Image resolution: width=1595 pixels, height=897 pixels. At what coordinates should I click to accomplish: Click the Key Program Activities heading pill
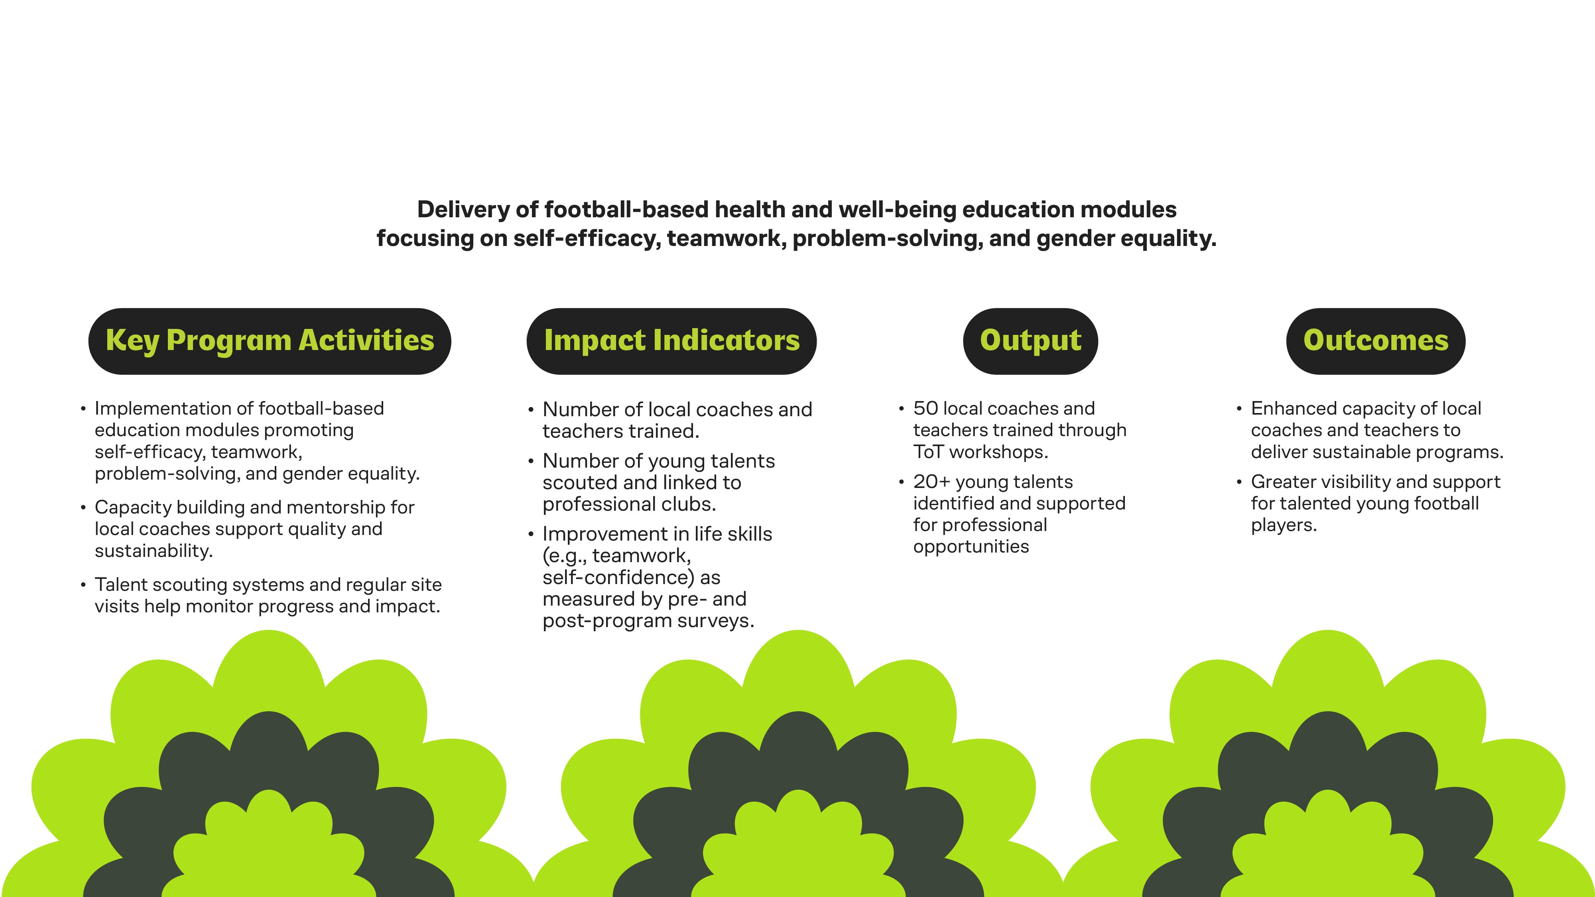point(269,341)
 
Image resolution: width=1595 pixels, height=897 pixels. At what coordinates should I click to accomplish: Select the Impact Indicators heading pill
point(671,341)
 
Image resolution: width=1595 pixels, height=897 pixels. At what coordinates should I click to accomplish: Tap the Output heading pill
point(1030,341)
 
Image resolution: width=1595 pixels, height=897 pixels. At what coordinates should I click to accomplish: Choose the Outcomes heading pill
point(1375,341)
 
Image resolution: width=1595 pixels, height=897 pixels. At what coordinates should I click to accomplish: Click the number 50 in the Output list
point(925,409)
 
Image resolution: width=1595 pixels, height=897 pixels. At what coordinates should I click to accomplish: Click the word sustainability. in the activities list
point(154,551)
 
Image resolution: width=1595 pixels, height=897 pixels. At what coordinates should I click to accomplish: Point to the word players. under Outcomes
point(1284,525)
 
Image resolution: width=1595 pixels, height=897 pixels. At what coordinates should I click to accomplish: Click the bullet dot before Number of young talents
point(531,462)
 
